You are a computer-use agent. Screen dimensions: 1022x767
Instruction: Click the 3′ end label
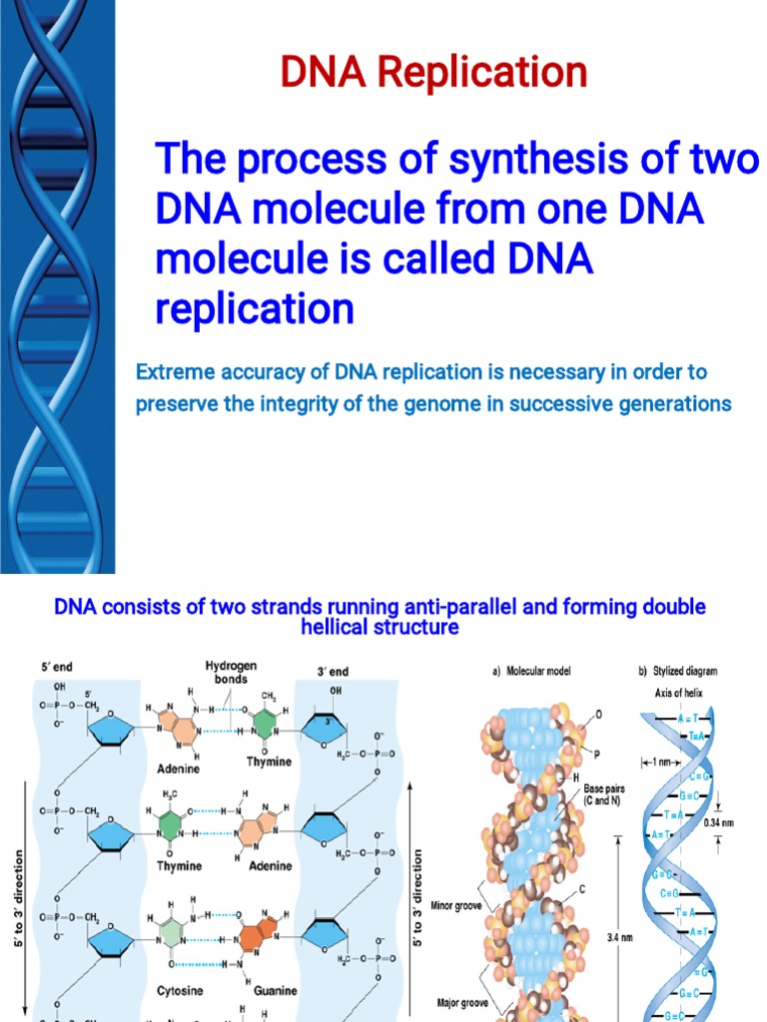[333, 672]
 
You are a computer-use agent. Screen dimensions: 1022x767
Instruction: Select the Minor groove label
[456, 906]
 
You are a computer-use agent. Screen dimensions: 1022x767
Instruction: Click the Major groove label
[456, 1002]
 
